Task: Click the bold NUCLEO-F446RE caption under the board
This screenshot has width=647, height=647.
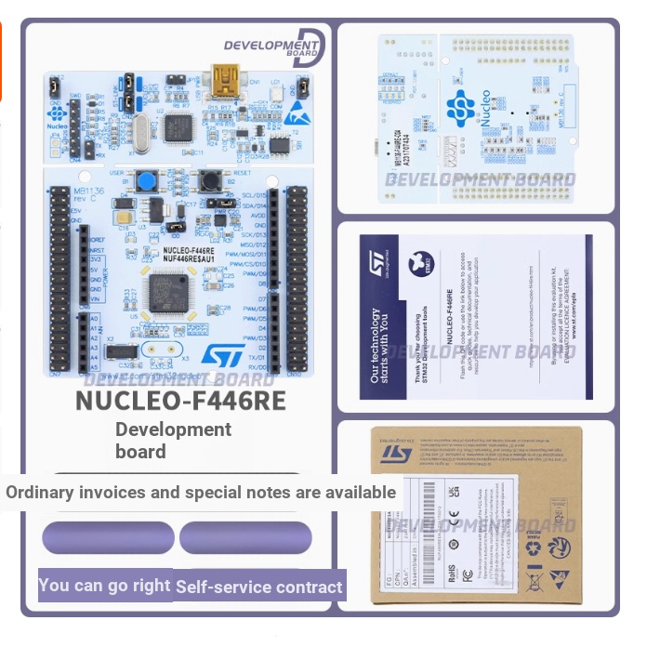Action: pos(180,400)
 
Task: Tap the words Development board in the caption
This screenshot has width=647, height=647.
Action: pos(173,440)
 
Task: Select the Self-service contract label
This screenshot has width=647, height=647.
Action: pos(259,587)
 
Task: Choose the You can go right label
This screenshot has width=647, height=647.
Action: pos(104,585)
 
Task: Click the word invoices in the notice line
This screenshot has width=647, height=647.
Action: pos(105,493)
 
